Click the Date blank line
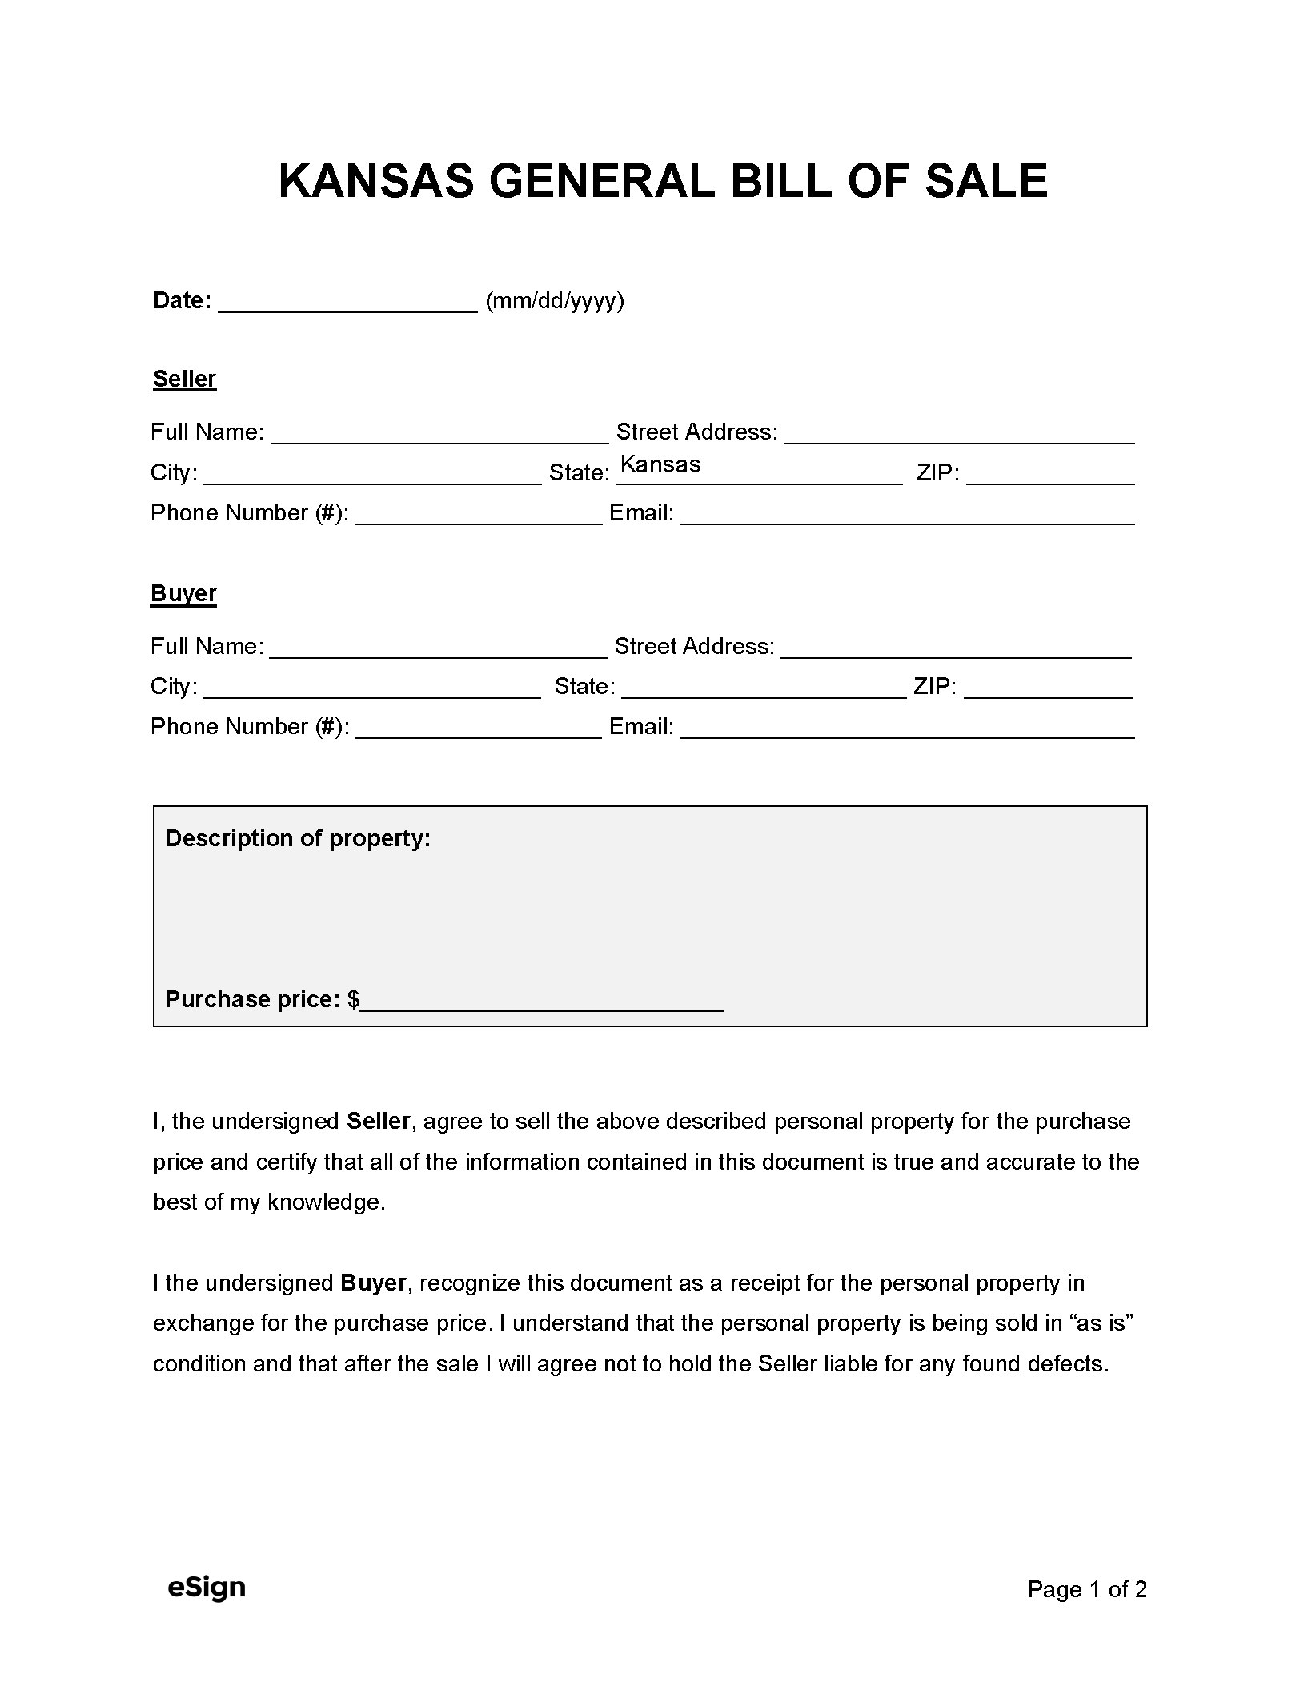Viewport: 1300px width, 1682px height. click(347, 303)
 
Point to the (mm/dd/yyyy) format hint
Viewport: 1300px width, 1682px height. click(555, 301)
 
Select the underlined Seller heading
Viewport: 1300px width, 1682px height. click(184, 379)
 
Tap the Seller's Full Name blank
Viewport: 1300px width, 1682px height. click(439, 433)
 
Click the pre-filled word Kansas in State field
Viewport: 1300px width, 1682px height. click(660, 464)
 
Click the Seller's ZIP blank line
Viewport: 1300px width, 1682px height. click(1050, 474)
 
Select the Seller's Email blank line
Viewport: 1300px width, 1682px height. click(907, 514)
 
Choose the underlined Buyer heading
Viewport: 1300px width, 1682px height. click(183, 593)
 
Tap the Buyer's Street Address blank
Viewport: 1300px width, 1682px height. click(956, 648)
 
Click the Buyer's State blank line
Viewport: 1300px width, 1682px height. click(763, 688)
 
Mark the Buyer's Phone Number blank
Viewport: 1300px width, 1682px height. click(478, 728)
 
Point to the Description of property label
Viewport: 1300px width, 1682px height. click(298, 838)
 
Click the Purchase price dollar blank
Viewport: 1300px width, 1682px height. click(541, 1001)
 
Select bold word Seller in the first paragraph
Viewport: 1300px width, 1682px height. click(378, 1121)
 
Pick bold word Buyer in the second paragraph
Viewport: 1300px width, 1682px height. click(373, 1283)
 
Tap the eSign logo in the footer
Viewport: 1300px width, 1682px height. click(207, 1587)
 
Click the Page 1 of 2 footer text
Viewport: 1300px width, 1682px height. click(1086, 1589)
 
